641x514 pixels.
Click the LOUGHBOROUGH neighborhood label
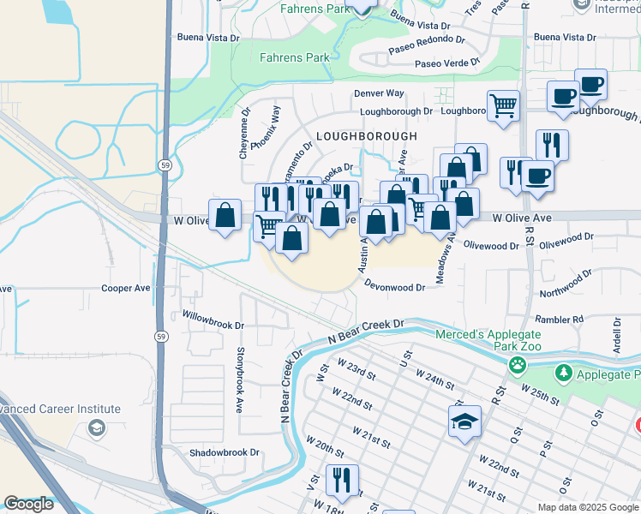366,136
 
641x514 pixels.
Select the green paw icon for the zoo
518,366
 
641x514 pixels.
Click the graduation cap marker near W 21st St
464,421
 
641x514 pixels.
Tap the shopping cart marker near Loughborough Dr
503,106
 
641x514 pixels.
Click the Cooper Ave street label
126,289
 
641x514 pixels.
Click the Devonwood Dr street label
394,285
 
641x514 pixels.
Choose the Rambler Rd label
561,319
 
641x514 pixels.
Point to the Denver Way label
378,93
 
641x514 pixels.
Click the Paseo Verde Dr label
447,64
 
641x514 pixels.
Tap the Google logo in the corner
28,504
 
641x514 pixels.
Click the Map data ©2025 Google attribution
587,507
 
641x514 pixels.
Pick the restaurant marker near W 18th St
342,481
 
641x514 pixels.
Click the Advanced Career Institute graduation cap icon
96,427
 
